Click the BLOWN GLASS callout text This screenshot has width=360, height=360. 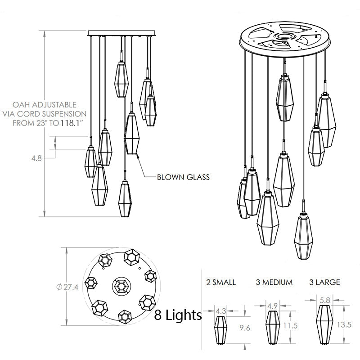(x=183, y=177)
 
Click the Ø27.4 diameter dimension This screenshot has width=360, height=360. (x=68, y=288)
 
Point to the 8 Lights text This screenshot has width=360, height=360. (x=178, y=315)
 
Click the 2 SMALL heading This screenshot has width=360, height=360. (x=220, y=282)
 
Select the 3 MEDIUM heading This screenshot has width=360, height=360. (x=274, y=282)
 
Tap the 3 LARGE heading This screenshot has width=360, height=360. (x=324, y=282)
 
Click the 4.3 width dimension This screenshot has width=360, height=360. (x=221, y=310)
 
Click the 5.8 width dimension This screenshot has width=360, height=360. (x=324, y=298)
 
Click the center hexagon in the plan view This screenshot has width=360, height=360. (x=121, y=286)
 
